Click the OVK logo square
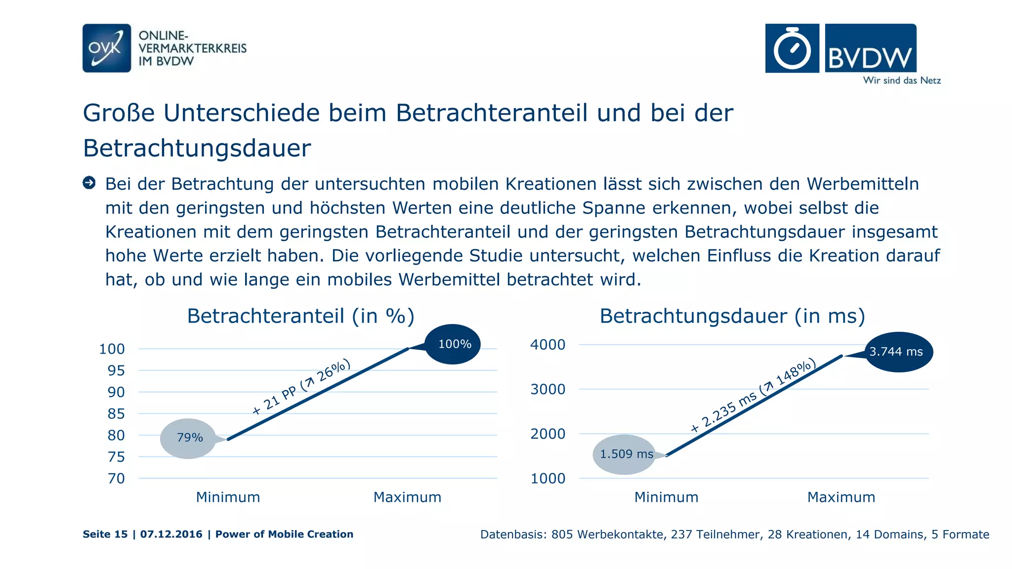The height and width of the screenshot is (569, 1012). coord(107,48)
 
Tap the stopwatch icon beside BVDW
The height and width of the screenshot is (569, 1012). coord(792,48)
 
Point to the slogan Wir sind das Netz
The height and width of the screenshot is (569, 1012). coord(902,81)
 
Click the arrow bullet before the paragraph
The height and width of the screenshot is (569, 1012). coord(89,183)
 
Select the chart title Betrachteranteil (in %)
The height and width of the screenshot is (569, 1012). coord(300,316)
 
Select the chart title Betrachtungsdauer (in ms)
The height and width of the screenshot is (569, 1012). coord(732,316)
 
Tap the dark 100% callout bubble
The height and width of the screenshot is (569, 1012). coord(453,344)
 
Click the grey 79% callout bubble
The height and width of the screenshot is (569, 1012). coord(189,438)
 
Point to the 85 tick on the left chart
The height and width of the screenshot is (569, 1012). coord(116,414)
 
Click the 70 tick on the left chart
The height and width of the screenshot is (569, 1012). coord(116,479)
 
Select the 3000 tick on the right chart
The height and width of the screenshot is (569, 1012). coord(548,390)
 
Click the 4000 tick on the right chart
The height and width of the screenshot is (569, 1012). coord(548,345)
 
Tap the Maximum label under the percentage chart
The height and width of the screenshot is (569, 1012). coord(407,497)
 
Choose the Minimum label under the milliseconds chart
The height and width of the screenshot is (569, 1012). coord(666,497)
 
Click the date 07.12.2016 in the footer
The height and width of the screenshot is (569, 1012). coord(171,534)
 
